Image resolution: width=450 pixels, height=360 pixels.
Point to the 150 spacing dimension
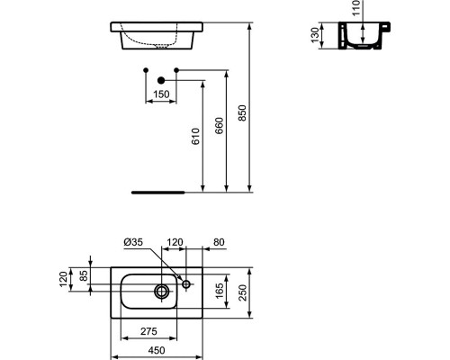tap(160, 94)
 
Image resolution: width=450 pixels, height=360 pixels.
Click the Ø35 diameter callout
tap(134, 242)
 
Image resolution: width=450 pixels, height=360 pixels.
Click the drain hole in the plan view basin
tap(162, 291)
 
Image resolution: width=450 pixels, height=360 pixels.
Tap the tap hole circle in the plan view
tap(186, 284)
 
